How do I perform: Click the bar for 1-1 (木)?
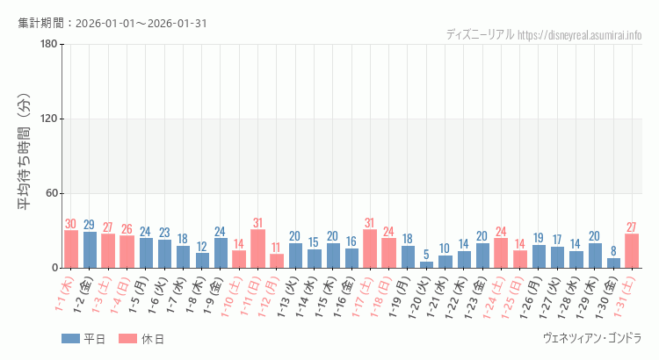(x=71, y=249)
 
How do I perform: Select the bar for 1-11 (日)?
(x=257, y=248)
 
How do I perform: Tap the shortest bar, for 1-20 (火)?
(x=426, y=264)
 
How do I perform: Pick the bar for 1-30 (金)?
(x=613, y=263)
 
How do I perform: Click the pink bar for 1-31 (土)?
(x=632, y=251)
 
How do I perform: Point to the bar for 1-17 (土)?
(x=370, y=248)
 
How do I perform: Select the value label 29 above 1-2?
(x=90, y=225)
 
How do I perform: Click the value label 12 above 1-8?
(x=202, y=246)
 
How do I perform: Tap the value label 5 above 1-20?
(x=426, y=255)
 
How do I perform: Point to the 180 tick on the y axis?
(x=48, y=45)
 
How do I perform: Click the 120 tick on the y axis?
(x=48, y=119)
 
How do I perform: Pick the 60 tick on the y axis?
(x=51, y=194)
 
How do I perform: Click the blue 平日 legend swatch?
(x=69, y=339)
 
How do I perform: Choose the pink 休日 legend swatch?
(x=127, y=339)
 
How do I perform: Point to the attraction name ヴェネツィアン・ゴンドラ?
(x=593, y=338)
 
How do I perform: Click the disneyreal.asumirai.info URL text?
(x=580, y=35)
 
